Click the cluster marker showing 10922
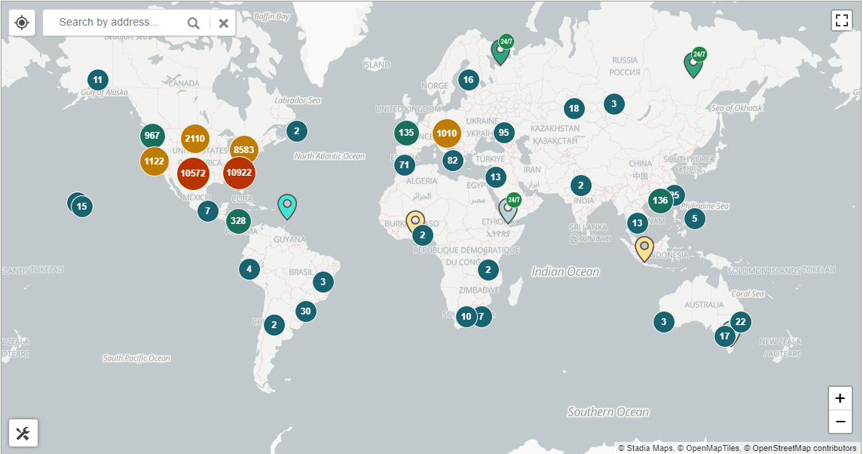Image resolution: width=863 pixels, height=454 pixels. [x=239, y=173]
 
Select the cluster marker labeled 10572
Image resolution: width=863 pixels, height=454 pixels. [x=193, y=173]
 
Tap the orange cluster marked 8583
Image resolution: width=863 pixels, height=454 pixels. [x=243, y=150]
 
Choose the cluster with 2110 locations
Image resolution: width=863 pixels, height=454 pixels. [x=194, y=139]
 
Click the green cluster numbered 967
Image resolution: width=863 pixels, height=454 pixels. [x=152, y=136]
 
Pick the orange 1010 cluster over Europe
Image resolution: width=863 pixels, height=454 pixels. [x=446, y=133]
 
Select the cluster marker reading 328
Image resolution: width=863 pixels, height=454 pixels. [x=238, y=221]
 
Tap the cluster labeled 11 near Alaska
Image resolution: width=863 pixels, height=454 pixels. [x=97, y=79]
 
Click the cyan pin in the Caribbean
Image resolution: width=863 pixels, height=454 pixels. [x=286, y=204]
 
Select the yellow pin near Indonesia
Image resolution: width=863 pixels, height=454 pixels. [x=644, y=247]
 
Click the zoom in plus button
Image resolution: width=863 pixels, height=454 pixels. [x=840, y=398]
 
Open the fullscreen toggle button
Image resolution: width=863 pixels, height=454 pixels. [x=841, y=20]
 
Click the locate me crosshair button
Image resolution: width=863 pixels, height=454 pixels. [x=22, y=23]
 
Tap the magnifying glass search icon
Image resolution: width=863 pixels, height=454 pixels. [x=194, y=23]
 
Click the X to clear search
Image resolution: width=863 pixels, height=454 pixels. [x=223, y=23]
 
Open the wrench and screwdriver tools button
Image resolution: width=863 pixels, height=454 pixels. [x=23, y=433]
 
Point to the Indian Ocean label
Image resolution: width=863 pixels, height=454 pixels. [x=565, y=271]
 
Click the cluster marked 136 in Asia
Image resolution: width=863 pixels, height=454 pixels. [x=660, y=201]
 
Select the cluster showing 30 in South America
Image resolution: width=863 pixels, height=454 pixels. [x=305, y=311]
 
